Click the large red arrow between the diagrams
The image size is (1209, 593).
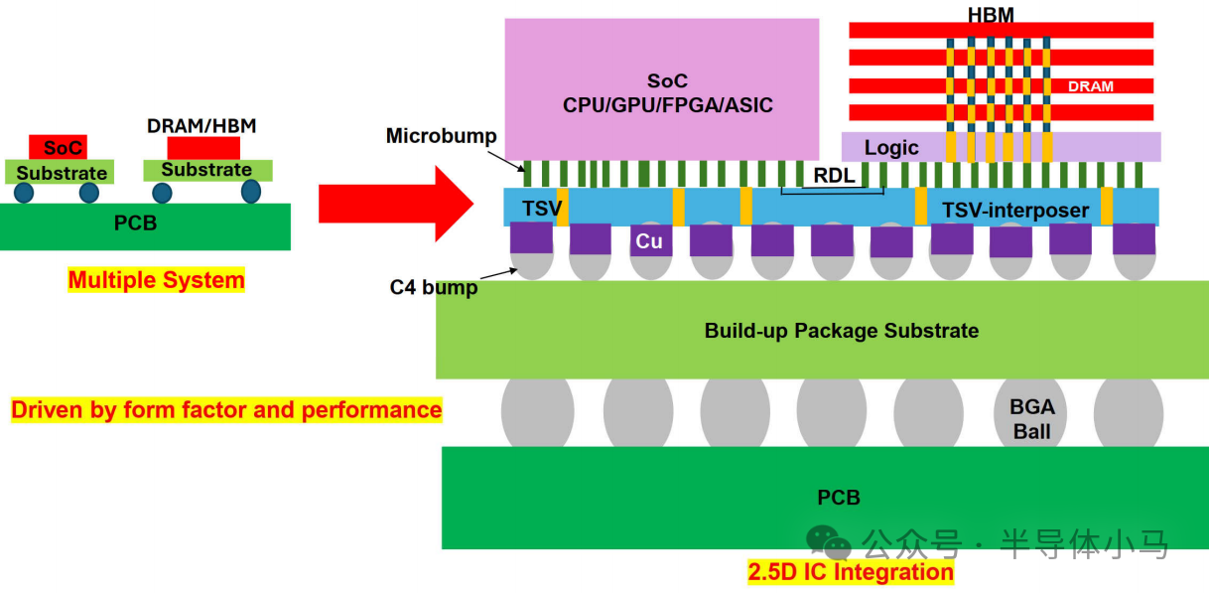point(396,204)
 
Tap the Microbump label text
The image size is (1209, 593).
point(441,135)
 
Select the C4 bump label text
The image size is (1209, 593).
point(434,287)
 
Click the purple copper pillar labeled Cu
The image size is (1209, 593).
point(651,240)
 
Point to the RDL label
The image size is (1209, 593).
point(834,175)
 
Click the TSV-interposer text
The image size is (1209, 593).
point(1015,211)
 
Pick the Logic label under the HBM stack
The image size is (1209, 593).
point(891,147)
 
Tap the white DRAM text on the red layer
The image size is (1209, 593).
point(1090,86)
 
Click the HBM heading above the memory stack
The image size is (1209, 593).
point(991,15)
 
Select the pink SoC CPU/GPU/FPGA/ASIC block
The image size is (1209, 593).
point(662,89)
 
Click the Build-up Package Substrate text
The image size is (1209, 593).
point(842,331)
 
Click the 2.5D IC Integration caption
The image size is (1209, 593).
point(851,572)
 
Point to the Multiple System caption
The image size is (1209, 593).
point(156,280)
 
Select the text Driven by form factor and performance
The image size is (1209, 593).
point(226,410)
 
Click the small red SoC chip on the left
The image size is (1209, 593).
point(58,147)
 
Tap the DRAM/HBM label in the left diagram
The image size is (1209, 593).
point(201,126)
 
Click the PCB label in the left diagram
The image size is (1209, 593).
point(135,223)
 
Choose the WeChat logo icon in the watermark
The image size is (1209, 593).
point(828,541)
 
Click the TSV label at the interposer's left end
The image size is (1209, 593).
point(542,209)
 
